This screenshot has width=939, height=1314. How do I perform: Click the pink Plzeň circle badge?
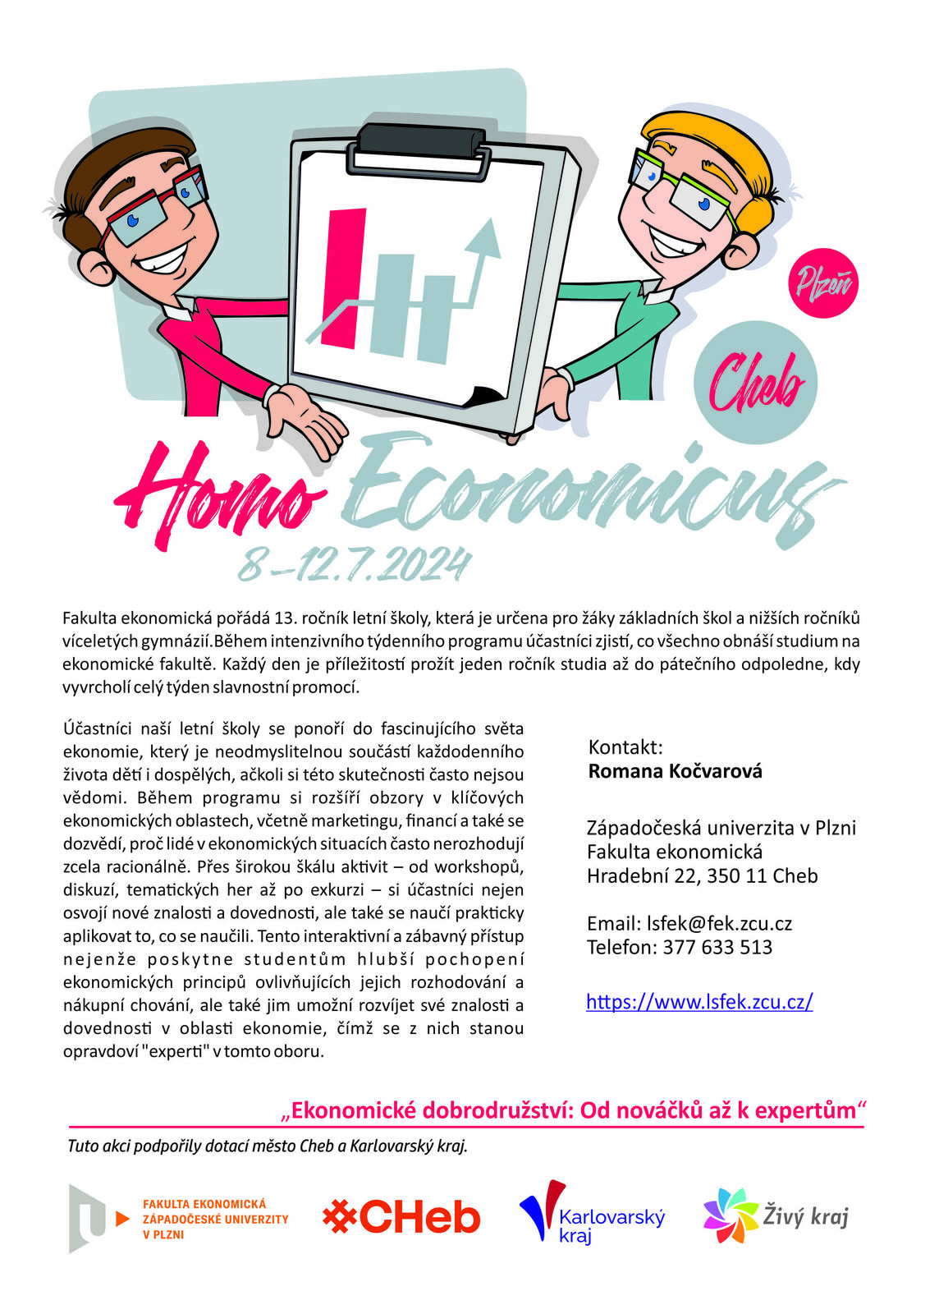coord(822,283)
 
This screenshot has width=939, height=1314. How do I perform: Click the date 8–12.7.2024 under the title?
coord(355,565)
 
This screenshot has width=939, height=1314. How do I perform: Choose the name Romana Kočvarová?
coord(675,771)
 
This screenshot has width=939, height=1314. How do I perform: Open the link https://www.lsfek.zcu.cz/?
coord(699,1001)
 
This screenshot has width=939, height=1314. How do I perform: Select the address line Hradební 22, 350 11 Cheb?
coord(702,875)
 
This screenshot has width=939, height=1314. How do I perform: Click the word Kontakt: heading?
coord(625,747)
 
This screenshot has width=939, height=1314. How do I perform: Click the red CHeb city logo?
coord(401,1217)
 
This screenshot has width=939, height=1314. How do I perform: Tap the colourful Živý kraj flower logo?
coord(731,1215)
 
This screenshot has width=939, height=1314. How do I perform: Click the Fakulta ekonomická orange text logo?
coord(215,1219)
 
